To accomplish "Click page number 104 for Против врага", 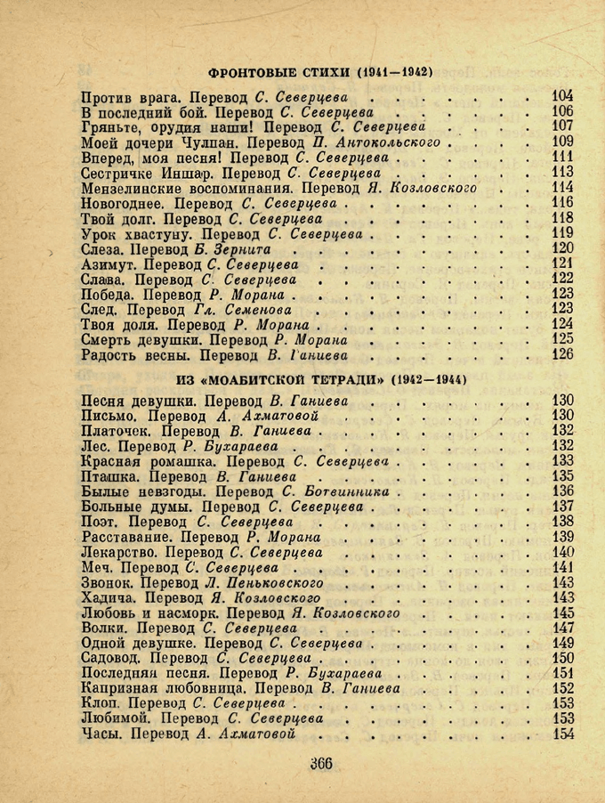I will point(562,96).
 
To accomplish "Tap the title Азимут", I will point(109,264).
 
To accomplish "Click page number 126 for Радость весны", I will point(562,354).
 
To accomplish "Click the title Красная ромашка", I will point(149,461).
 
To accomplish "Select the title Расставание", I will point(127,537).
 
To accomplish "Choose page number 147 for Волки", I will point(562,628).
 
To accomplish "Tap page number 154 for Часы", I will point(562,734).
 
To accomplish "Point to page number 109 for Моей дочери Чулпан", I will point(562,142).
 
